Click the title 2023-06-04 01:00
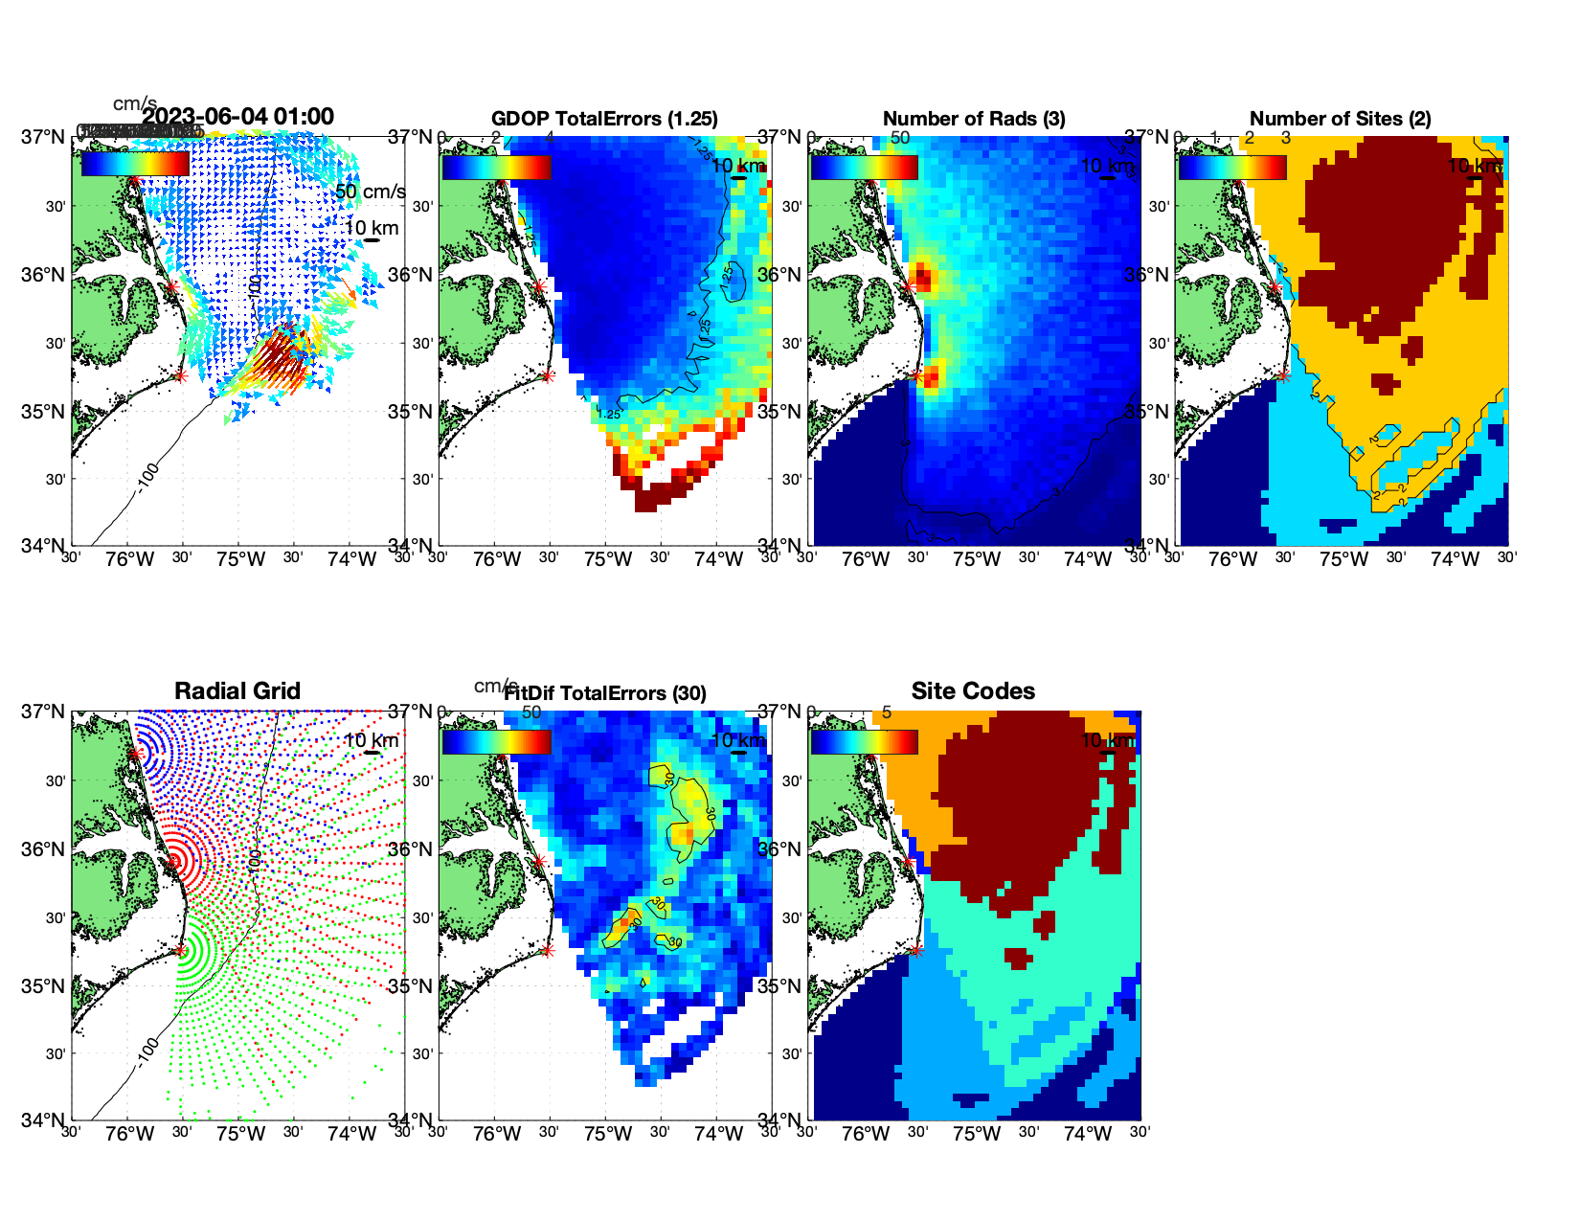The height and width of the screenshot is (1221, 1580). [238, 117]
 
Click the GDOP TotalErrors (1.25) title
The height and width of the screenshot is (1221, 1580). [604, 119]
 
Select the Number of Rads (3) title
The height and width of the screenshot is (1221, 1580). [974, 119]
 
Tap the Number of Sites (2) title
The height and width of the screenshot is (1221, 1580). [1340, 119]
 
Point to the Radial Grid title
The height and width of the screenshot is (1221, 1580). [237, 691]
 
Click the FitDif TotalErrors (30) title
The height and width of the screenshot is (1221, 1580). [605, 693]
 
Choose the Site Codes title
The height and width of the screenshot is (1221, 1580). [973, 691]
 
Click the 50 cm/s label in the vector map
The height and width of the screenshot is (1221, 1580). [370, 192]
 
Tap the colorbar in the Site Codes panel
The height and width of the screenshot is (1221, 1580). [864, 742]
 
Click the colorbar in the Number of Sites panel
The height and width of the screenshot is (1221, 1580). [1231, 167]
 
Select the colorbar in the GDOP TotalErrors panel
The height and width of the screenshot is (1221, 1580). [496, 167]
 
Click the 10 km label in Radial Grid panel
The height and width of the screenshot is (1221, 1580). [370, 740]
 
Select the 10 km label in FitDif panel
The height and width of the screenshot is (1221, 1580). [737, 740]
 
